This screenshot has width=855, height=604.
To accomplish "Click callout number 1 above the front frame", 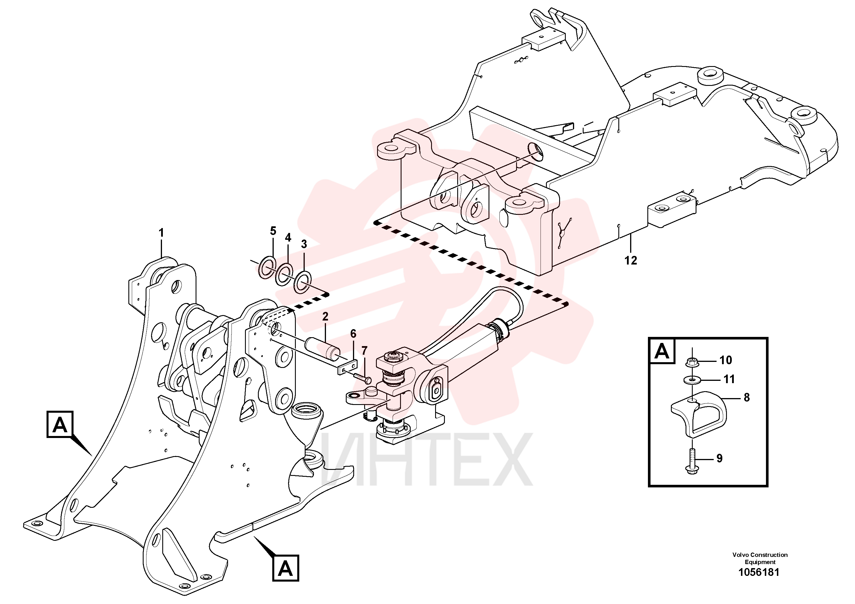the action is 161,233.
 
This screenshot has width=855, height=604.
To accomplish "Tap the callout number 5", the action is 273,231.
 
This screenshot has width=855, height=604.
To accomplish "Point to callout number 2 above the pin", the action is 325,317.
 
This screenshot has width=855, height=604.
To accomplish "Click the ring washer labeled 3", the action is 303,281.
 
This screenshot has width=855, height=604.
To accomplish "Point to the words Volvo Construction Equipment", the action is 760,558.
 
